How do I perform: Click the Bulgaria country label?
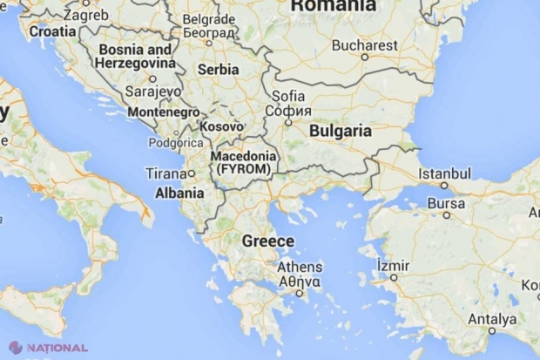tap(339, 132)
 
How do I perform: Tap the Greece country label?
tap(268, 241)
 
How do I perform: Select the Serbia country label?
tap(219, 69)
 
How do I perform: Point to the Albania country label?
tap(179, 193)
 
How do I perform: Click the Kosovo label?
tap(219, 126)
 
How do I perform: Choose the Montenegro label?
tap(163, 112)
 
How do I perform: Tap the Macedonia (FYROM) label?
tap(243, 161)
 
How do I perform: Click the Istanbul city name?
tap(444, 173)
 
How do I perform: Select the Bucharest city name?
tap(365, 44)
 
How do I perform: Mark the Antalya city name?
tap(491, 318)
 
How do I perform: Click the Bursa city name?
tap(446, 201)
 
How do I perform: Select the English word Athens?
tap(299, 268)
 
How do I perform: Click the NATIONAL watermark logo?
tap(49, 346)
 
